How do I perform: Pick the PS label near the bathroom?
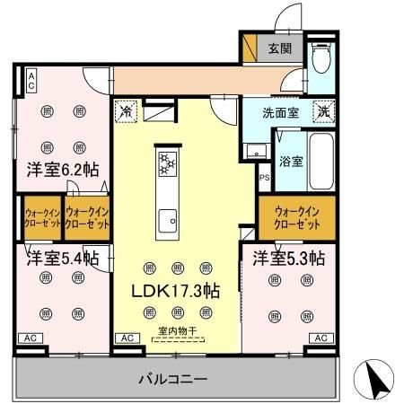tap(264, 178)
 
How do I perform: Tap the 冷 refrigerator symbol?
tap(127, 114)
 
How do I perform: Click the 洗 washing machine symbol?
tap(322, 113)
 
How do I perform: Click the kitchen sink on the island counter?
tap(167, 219)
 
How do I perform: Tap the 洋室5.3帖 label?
tap(288, 259)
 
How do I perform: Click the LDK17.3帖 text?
tap(177, 291)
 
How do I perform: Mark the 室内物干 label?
tap(178, 331)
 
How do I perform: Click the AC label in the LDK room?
tap(127, 338)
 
